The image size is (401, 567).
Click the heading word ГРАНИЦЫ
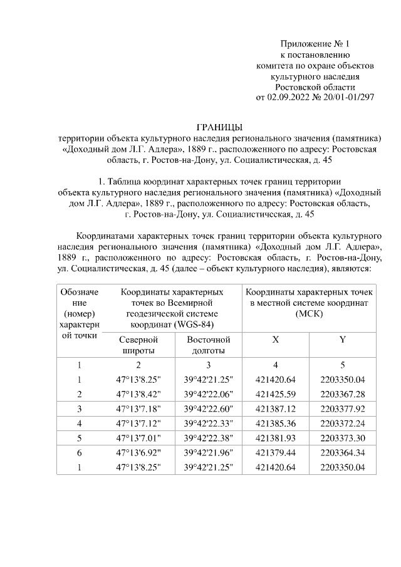(219, 127)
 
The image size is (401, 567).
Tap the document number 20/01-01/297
(348, 97)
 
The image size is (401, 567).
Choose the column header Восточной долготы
(209, 345)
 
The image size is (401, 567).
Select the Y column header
(342, 339)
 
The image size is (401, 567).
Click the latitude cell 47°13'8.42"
(138, 394)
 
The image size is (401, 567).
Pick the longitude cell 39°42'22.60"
(209, 408)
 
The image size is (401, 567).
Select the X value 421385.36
(276, 423)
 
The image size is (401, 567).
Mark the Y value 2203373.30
(342, 437)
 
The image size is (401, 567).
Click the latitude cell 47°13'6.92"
(138, 452)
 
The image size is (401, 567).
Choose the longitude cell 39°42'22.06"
(209, 394)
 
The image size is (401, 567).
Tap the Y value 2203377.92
(342, 408)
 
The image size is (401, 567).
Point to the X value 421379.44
(276, 452)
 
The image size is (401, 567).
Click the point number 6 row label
(80, 452)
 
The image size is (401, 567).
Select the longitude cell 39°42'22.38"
(209, 437)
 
